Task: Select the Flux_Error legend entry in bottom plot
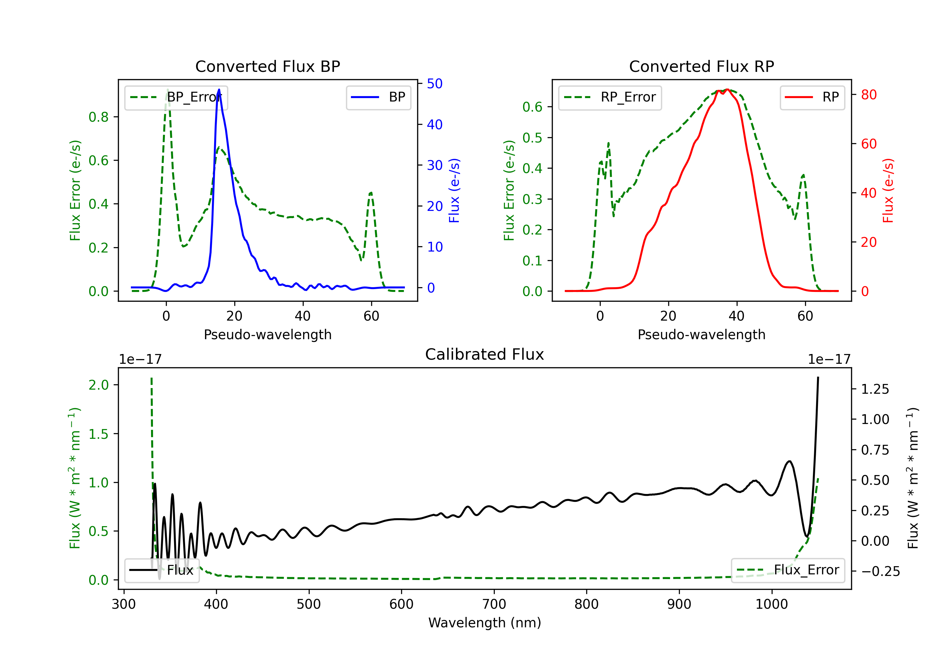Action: pyautogui.click(x=787, y=570)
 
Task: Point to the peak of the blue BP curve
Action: pyautogui.click(x=219, y=90)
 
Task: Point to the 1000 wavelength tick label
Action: pyautogui.click(x=771, y=604)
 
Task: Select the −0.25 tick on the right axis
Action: pyautogui.click(x=880, y=572)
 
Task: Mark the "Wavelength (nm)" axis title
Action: pyautogui.click(x=485, y=623)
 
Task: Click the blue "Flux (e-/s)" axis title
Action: pyautogui.click(x=454, y=191)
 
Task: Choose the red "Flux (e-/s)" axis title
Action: pyautogui.click(x=888, y=191)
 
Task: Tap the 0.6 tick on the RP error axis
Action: pyautogui.click(x=532, y=107)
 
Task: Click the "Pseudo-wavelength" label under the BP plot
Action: pyautogui.click(x=267, y=335)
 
